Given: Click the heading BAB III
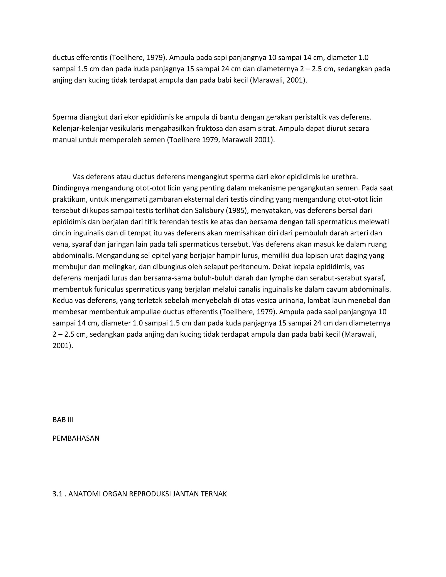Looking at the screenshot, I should click(63, 420).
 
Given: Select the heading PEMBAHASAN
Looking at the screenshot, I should click(76, 438).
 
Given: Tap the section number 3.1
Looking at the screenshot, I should click(57, 494).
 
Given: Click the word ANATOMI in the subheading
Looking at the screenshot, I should click(84, 494).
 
